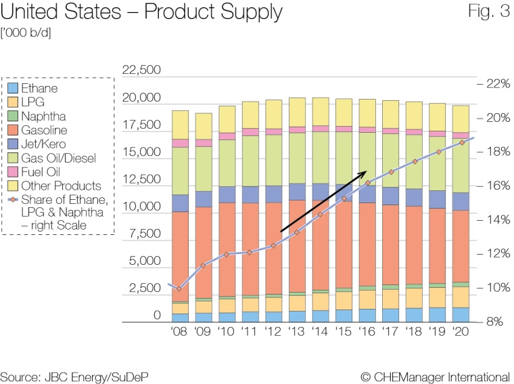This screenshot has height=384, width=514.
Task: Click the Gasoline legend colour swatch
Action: [11, 130]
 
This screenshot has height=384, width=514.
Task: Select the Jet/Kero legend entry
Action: [41, 144]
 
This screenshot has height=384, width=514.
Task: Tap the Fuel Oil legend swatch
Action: [11, 172]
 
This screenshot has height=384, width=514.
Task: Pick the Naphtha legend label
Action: [44, 116]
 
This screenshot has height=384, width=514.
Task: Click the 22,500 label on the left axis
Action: [141, 70]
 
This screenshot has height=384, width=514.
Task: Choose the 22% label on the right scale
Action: [496, 84]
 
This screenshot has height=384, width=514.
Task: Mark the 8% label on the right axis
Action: [496, 322]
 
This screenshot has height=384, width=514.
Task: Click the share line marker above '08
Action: [179, 289]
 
